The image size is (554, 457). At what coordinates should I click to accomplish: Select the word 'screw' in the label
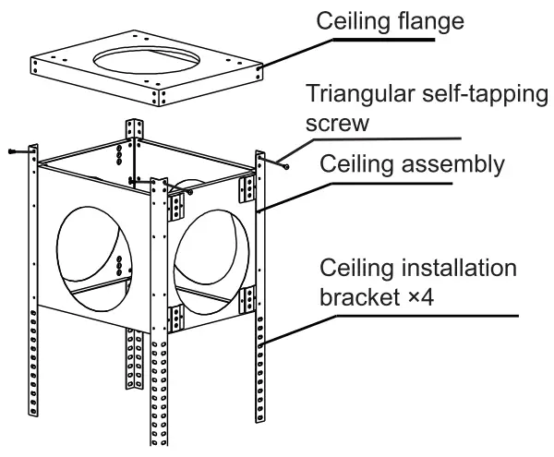pos(338,123)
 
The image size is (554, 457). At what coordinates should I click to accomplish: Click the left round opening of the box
pos(90,250)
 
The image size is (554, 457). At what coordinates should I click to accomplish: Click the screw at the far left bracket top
pos(12,151)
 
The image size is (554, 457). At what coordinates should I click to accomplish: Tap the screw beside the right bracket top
pos(287,167)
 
